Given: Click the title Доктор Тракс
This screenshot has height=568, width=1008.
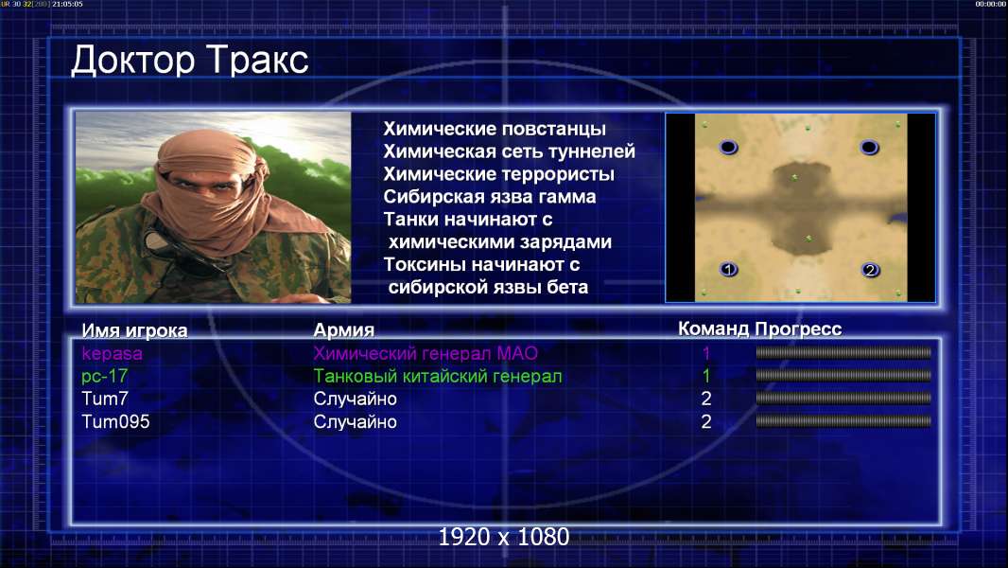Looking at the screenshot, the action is pos(190,61).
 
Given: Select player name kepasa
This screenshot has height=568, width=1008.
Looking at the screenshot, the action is pos(112,354).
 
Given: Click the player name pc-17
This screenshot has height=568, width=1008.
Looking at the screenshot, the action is pos(105,377).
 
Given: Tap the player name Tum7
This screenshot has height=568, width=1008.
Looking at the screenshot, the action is pos(105,399).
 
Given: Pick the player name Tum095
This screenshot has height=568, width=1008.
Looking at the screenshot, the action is pos(115,422).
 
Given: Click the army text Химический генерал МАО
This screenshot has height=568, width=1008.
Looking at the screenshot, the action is pos(426,353).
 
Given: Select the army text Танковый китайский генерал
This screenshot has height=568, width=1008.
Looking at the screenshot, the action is pos(438,377).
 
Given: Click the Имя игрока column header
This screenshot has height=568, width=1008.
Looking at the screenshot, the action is pos(134,330).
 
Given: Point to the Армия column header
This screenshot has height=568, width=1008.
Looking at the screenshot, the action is pos(344,330).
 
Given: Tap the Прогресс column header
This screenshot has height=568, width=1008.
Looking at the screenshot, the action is pos(798,329).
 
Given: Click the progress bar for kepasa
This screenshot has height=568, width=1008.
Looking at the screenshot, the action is pos(843,352).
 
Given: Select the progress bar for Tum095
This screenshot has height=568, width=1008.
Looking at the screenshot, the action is pos(843,421).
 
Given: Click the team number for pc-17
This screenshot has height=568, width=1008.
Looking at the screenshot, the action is pos(705,376).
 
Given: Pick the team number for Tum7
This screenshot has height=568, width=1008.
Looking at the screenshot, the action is pos(705,399).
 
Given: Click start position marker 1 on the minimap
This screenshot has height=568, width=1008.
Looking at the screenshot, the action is pos(728,270).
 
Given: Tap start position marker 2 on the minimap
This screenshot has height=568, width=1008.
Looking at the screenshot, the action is pos(871,270).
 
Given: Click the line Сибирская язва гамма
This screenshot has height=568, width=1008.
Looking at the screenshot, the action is pos(490,197).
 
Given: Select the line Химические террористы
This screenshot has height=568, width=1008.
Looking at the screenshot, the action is pos(499,174).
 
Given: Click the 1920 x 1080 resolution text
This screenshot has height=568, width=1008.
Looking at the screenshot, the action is pos(504,537).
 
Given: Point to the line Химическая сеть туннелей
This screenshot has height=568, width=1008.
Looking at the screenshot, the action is pos(509,151).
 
